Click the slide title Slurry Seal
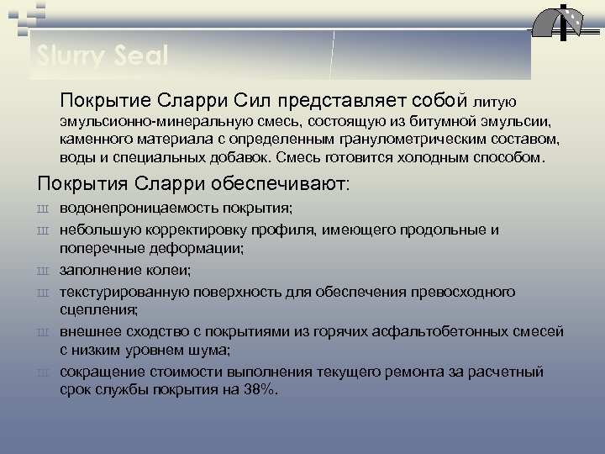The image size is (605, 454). coord(103,56)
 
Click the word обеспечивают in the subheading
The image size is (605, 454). coord(272,182)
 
